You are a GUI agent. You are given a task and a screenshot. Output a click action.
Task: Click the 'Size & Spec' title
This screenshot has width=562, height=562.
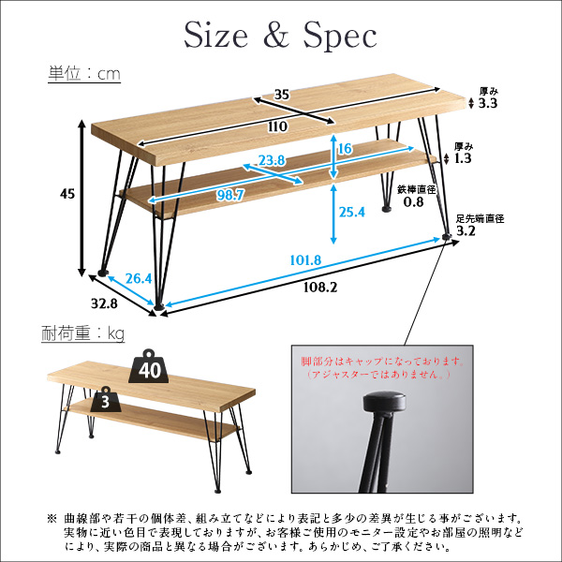(x=280, y=36)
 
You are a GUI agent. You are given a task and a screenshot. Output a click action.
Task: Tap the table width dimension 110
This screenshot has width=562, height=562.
(x=277, y=126)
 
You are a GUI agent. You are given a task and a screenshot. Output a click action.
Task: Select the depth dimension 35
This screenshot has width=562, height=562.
(x=281, y=95)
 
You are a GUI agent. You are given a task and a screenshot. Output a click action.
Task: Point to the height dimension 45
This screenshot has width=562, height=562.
(x=67, y=194)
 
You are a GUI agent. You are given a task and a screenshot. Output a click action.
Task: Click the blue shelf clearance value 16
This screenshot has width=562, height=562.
(x=345, y=149)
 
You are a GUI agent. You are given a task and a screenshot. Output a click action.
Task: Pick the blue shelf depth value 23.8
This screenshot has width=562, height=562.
(x=272, y=160)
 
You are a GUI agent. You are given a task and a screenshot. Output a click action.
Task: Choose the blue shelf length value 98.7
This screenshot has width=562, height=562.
(x=230, y=196)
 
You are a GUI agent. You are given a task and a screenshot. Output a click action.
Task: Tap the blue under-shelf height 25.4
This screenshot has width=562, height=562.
(x=352, y=213)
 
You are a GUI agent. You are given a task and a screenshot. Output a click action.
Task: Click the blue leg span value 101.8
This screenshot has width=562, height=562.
(x=305, y=259)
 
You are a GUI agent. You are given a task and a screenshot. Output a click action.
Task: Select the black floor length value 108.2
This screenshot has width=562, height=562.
(x=320, y=288)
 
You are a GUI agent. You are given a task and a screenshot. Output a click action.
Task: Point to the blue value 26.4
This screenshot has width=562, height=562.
(x=139, y=278)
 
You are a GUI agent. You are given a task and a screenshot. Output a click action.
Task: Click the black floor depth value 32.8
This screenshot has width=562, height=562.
(x=104, y=303)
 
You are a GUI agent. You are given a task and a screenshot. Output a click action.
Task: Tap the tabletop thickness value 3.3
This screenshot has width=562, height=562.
(x=488, y=103)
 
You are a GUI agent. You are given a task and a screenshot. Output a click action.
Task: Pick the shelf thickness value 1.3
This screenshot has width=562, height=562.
(x=463, y=158)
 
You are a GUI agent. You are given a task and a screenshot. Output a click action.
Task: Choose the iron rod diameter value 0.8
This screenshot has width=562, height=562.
(x=414, y=201)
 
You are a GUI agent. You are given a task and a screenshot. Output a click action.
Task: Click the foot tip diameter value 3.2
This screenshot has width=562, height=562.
(x=466, y=230)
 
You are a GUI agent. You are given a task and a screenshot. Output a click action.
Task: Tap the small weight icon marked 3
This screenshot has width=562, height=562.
(x=105, y=399)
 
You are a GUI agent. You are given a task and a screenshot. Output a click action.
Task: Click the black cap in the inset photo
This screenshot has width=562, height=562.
(x=385, y=402)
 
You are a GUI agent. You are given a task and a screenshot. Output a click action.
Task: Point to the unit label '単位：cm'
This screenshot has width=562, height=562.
(x=84, y=74)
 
